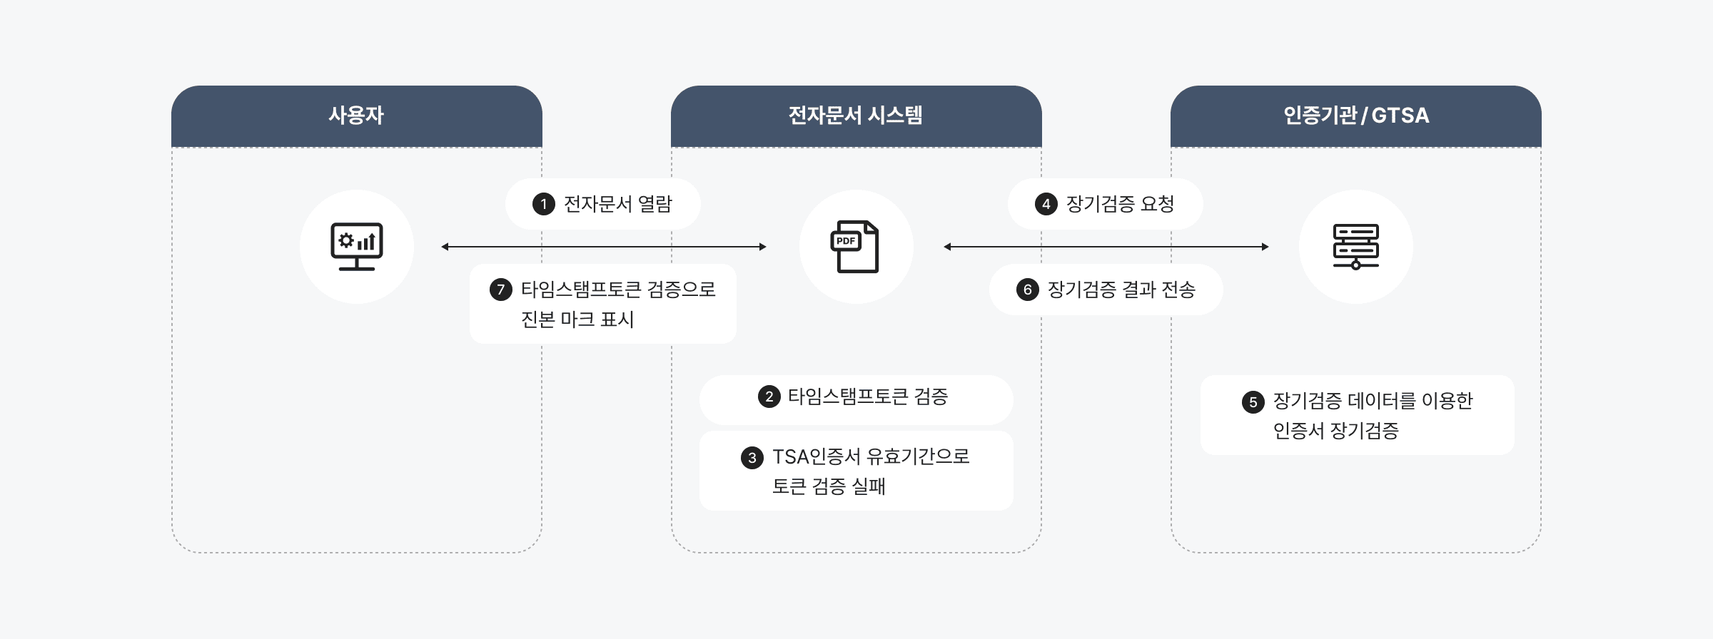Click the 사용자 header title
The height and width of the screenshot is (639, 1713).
pos(356,116)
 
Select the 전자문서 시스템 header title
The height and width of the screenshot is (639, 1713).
pos(855,116)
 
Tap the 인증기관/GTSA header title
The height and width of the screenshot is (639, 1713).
pos(1355,116)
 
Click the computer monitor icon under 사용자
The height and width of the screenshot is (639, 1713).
pos(357,247)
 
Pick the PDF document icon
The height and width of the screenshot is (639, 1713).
pos(855,247)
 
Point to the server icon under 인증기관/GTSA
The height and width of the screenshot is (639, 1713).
pos(1355,247)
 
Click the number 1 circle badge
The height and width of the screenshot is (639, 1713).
pos(544,205)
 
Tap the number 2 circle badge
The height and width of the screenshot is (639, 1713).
pos(769,397)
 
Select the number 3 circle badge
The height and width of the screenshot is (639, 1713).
pos(752,458)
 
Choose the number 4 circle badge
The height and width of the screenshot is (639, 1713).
pos(1046,205)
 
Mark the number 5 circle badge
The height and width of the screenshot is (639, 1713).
pos(1253,402)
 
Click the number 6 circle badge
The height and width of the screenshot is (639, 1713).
pos(1027,290)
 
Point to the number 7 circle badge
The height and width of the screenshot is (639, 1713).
pos(500,290)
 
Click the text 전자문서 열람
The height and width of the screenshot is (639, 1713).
pos(618,205)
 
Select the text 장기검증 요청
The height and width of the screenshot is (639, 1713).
pos(1120,205)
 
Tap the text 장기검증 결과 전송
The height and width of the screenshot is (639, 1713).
pos(1121,290)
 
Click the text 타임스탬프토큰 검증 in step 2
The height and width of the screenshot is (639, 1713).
pos(868,397)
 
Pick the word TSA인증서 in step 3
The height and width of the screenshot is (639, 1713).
pos(817,457)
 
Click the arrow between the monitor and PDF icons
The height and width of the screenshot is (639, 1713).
pos(604,247)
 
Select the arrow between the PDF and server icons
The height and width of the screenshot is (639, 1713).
pos(1106,247)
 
